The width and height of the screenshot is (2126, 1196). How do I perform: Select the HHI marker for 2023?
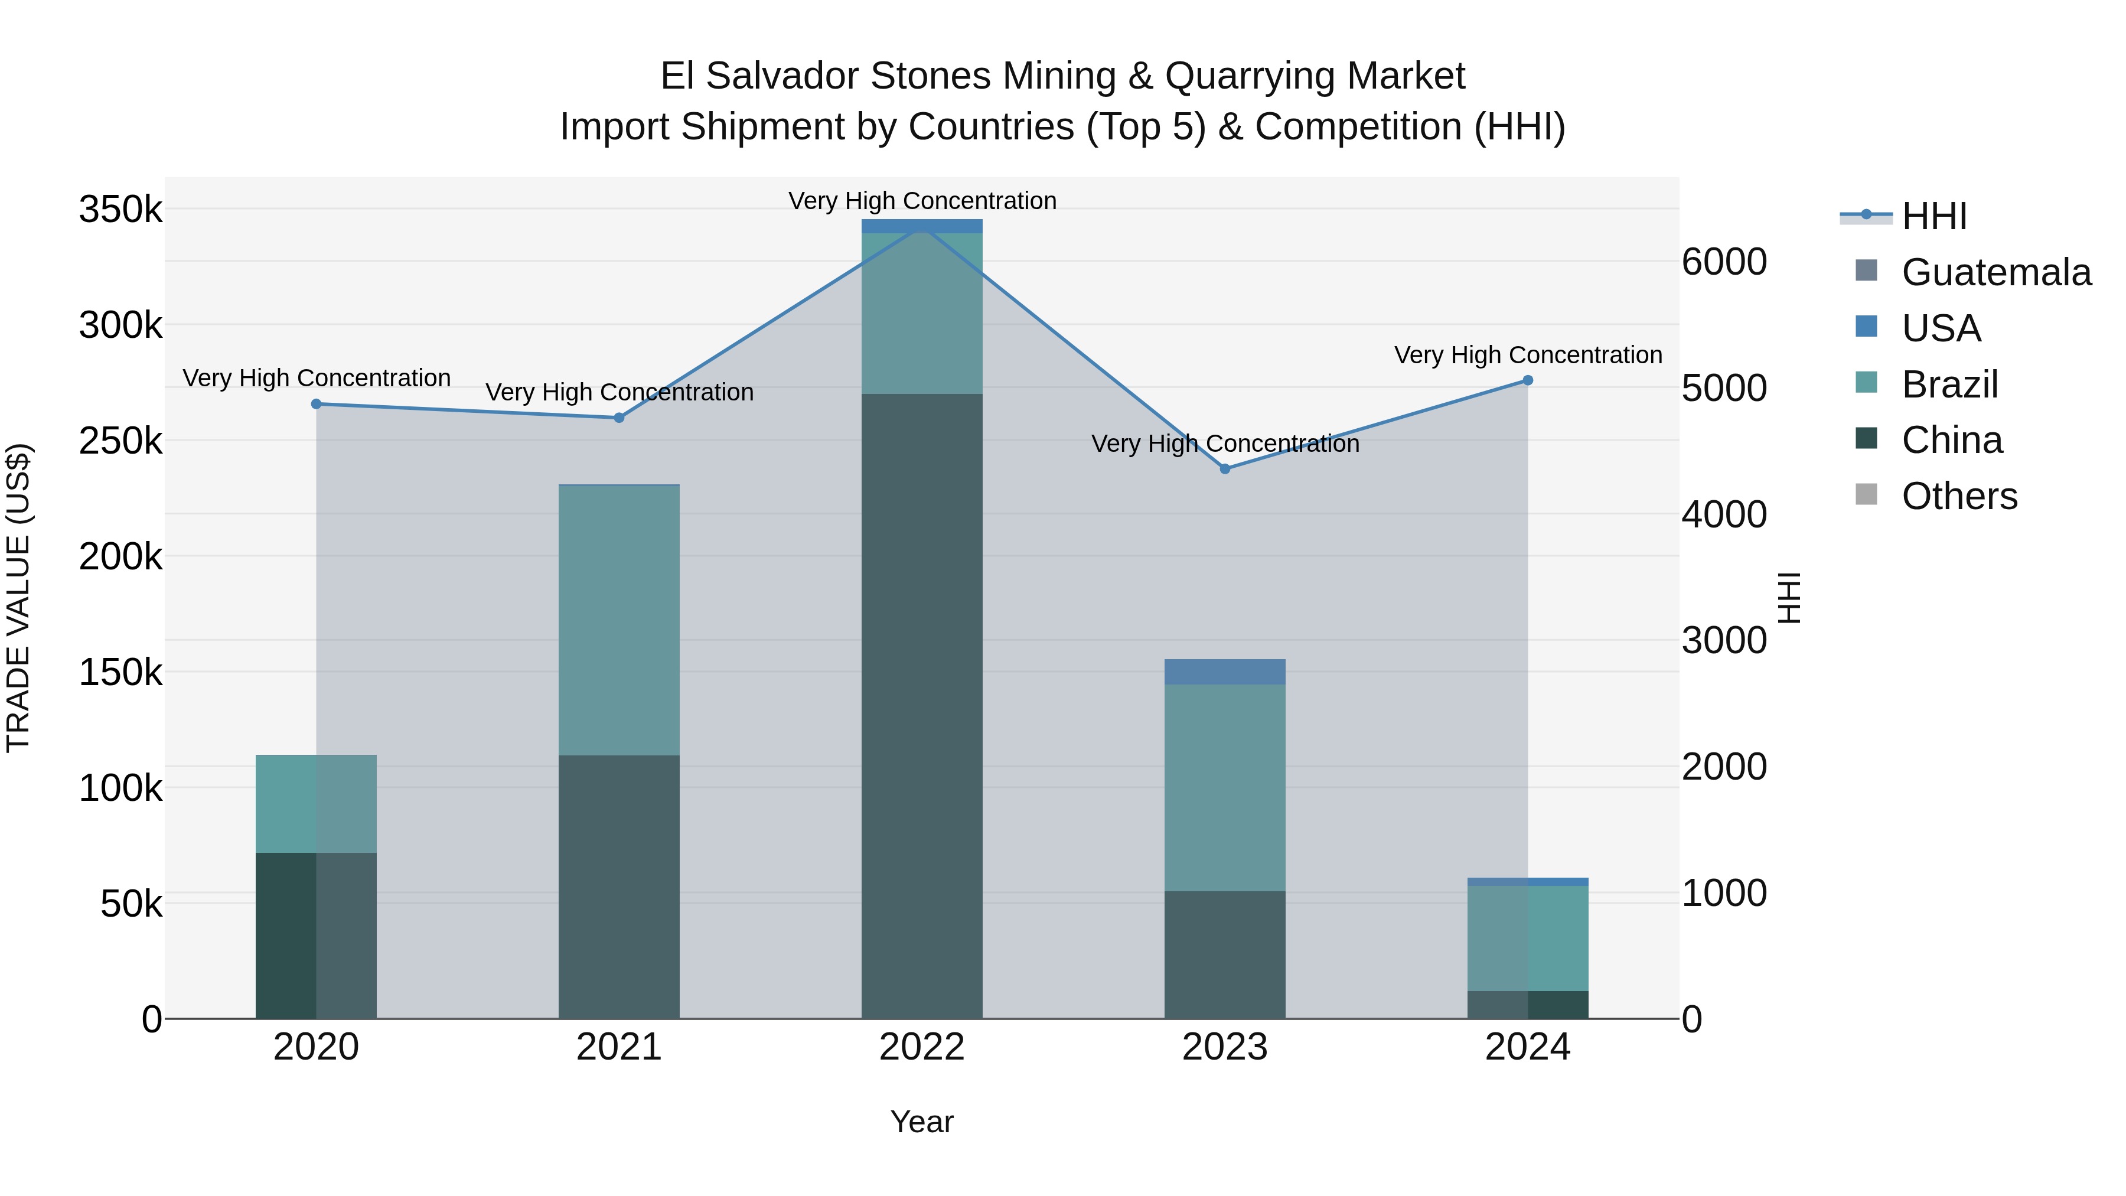pyautogui.click(x=1225, y=469)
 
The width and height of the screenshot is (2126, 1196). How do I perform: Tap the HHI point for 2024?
pyautogui.click(x=1528, y=380)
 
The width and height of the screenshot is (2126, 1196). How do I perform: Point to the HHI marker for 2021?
pyautogui.click(x=619, y=418)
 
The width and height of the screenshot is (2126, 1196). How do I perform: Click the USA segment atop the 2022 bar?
pyautogui.click(x=922, y=226)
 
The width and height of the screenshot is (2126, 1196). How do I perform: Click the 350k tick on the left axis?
pyautogui.click(x=120, y=210)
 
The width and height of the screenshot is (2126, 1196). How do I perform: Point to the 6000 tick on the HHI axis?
pyautogui.click(x=1724, y=262)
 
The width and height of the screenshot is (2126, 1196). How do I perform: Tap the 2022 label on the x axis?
pyautogui.click(x=922, y=1047)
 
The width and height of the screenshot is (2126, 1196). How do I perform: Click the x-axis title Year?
pyautogui.click(x=922, y=1122)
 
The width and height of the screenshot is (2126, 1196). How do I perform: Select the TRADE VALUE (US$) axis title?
pyautogui.click(x=19, y=598)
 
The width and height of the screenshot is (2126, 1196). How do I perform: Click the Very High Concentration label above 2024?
pyautogui.click(x=1528, y=355)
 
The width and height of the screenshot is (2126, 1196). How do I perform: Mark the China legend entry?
pyautogui.click(x=1952, y=440)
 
